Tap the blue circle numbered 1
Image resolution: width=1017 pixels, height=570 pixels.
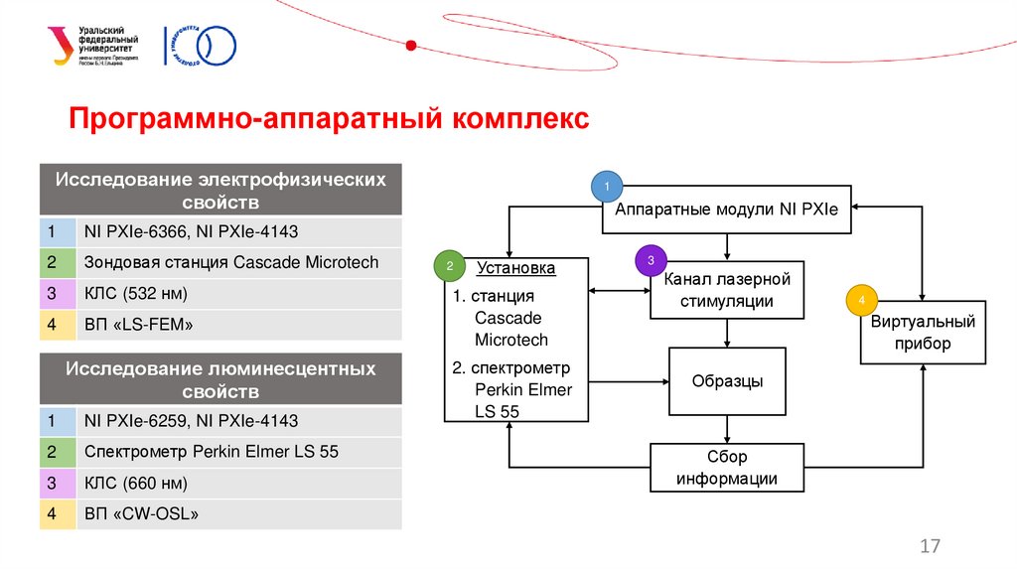click(606, 186)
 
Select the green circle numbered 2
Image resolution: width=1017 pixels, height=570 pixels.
click(449, 266)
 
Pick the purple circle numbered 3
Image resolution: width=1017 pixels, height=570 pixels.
click(651, 260)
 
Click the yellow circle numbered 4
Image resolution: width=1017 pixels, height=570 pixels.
click(861, 300)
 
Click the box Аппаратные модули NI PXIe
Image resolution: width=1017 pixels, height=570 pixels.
click(726, 210)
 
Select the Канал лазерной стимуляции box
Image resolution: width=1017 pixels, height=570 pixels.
click(726, 290)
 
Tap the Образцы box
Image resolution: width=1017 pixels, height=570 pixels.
click(727, 381)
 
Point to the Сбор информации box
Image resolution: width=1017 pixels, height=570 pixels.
click(727, 468)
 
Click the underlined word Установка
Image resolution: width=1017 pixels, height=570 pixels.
click(514, 268)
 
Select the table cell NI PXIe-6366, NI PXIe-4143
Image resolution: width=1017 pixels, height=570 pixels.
click(238, 232)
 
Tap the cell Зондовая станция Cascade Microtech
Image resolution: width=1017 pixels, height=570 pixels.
click(238, 263)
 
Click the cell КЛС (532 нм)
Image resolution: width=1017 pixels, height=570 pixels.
click(238, 294)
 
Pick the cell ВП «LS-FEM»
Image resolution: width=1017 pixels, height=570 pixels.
click(238, 325)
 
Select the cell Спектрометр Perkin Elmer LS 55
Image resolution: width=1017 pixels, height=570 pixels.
click(238, 452)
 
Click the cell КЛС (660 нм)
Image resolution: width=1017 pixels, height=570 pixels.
click(238, 484)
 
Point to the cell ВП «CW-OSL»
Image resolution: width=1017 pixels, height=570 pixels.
click(238, 514)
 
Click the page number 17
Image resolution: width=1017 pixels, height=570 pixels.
click(930, 546)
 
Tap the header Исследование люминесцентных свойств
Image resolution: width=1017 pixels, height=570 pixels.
click(220, 378)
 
